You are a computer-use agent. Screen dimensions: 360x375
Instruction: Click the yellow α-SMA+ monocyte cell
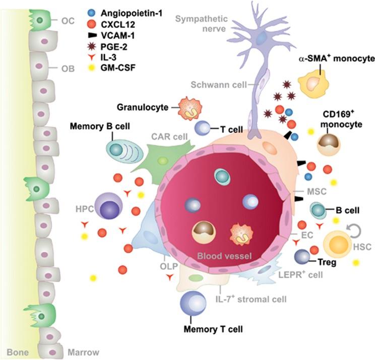tap(317, 83)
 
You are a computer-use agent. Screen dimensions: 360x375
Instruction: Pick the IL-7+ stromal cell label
tap(251, 299)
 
